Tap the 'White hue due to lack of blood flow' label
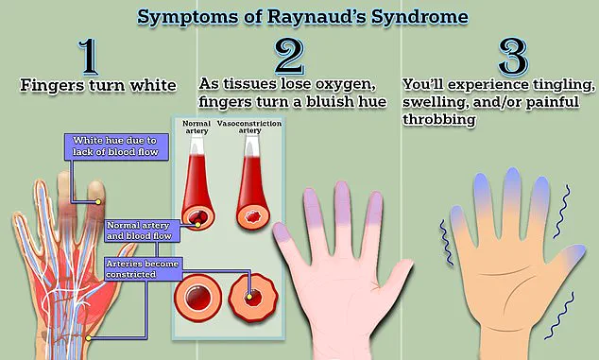click(x=116, y=146)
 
